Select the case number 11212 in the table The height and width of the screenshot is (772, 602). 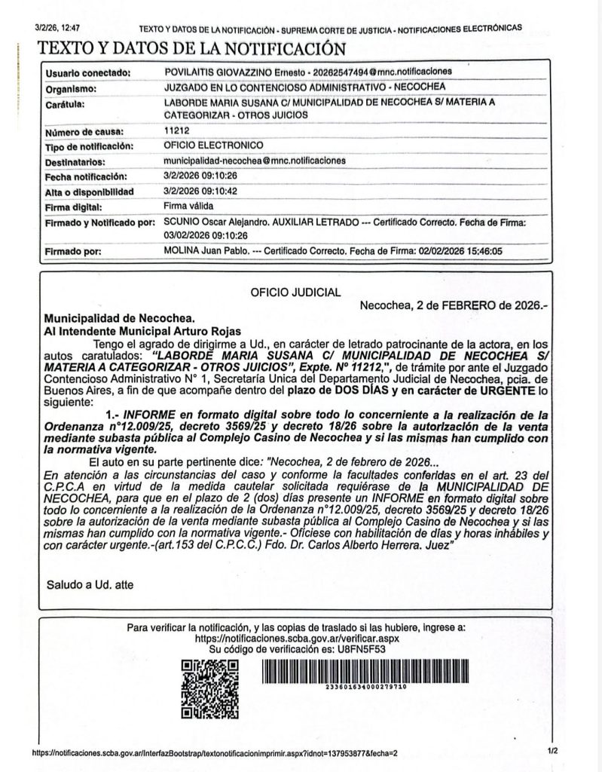tap(176, 130)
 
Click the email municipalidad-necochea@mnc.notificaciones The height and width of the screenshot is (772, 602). tap(253, 161)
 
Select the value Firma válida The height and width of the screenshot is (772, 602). tap(188, 206)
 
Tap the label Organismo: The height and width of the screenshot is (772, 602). tap(70, 88)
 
